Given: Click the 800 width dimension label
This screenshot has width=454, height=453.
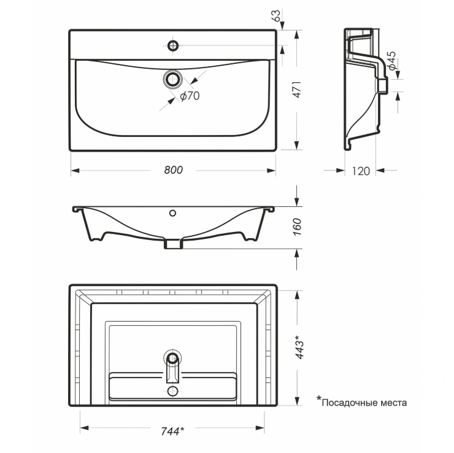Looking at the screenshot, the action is tap(174, 170).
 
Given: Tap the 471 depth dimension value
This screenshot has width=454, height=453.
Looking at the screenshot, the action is tap(298, 90).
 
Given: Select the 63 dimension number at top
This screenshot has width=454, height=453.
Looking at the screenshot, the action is tap(276, 15).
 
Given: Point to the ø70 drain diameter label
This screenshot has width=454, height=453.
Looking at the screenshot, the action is tap(190, 96).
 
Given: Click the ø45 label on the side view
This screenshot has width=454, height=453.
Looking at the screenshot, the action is tap(392, 61).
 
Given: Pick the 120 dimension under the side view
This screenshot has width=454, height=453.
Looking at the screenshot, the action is tap(361, 171).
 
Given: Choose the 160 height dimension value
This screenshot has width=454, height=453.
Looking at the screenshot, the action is tap(298, 226).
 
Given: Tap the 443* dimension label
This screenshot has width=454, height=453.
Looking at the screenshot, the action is tap(299, 347).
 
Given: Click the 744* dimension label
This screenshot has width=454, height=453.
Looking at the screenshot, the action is tap(172, 432).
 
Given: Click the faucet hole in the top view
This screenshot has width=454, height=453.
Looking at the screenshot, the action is tap(173, 45).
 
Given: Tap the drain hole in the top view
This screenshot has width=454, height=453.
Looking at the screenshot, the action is tap(173, 79).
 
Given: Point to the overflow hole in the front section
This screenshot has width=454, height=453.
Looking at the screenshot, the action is tap(172, 213).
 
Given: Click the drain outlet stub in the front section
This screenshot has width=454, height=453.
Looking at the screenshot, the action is tap(174, 244).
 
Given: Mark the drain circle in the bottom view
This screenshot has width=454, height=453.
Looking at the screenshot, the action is tap(173, 358).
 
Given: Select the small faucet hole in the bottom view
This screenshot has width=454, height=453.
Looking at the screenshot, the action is tap(173, 391).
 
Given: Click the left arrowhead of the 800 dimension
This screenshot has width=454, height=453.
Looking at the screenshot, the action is tap(75, 170).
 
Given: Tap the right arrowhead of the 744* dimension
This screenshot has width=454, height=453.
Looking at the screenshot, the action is tap(260, 427).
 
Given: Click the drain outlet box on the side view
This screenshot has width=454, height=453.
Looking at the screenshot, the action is tap(383, 85).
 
